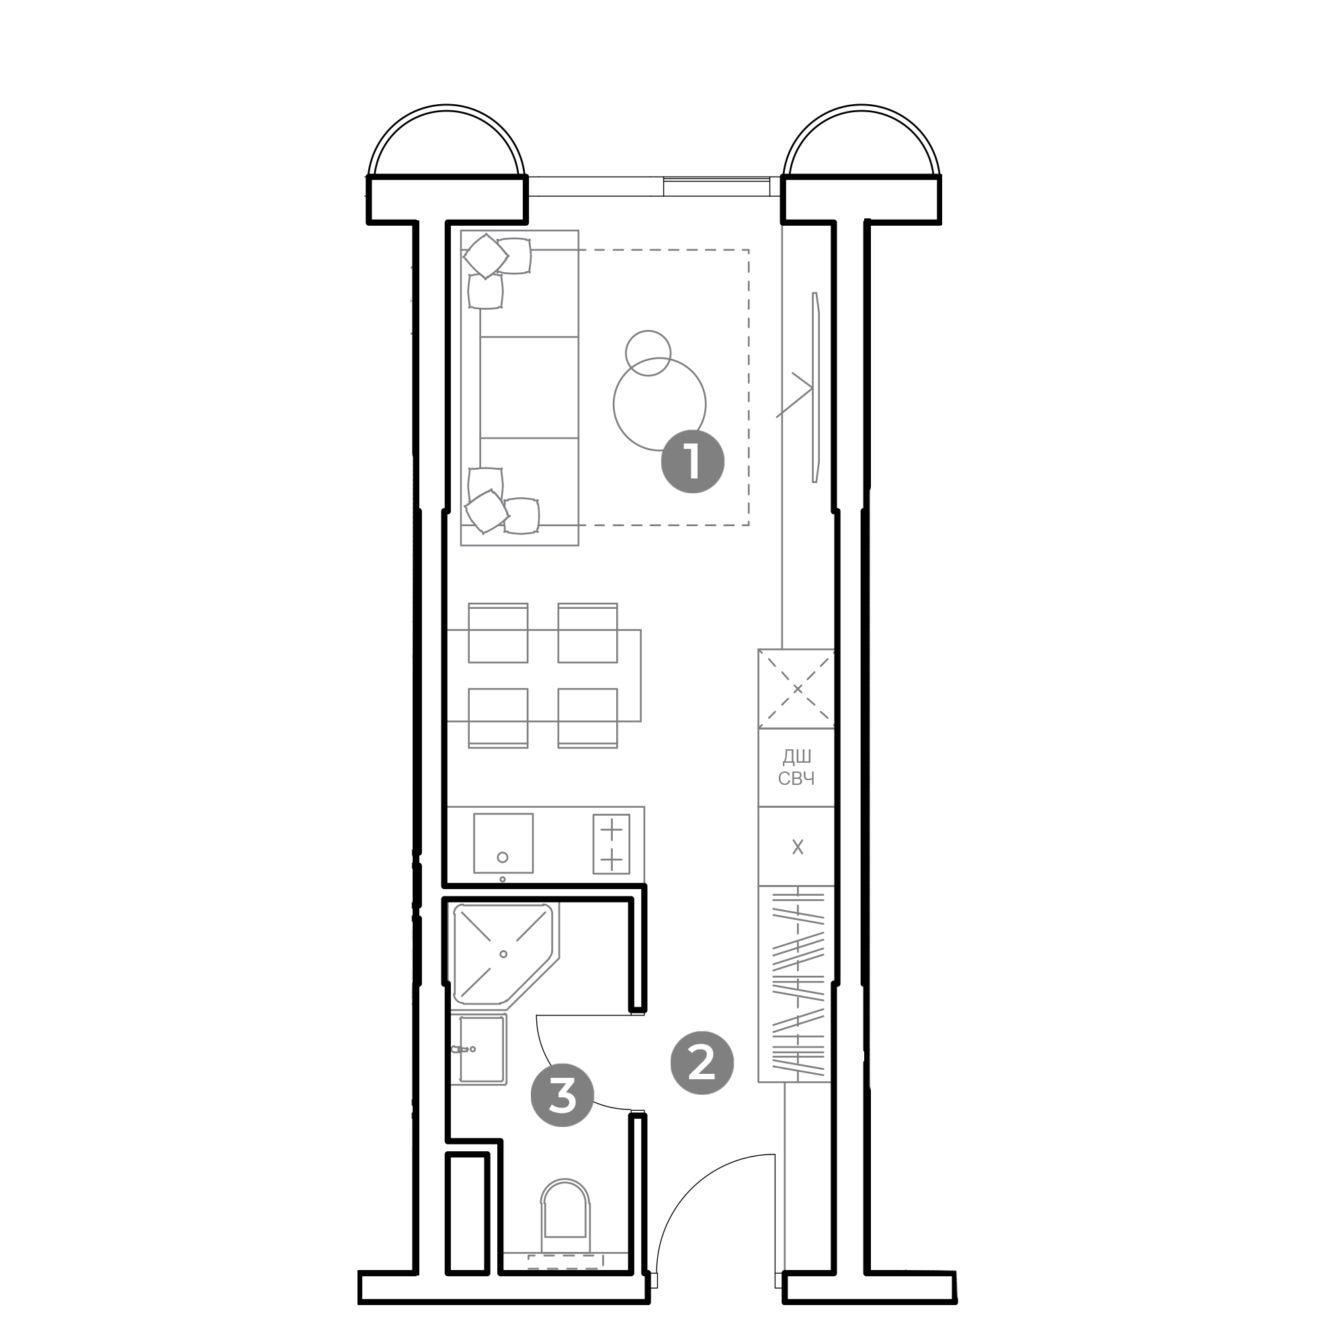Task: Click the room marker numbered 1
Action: coord(692,462)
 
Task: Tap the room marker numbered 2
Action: coord(702,1063)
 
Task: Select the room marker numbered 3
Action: coord(562,1095)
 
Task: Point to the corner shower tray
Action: coord(503,954)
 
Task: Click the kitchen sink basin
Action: coord(503,843)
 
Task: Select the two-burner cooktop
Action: coord(611,844)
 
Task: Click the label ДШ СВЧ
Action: coord(796,767)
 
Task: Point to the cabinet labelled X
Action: coord(796,846)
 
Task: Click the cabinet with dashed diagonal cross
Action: coord(796,689)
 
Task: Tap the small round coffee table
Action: coord(648,353)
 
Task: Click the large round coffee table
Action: coord(659,403)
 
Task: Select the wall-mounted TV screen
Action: coord(816,387)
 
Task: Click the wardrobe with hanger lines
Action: coord(796,984)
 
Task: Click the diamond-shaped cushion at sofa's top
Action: coord(485,256)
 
